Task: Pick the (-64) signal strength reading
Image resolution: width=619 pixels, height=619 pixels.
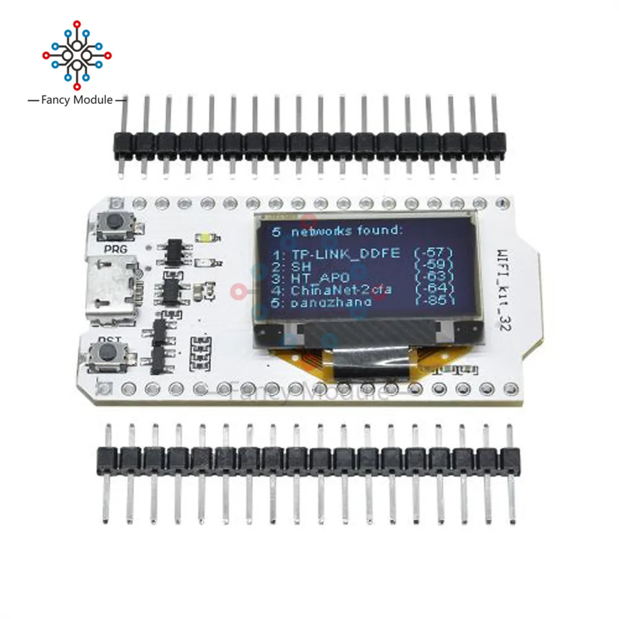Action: point(434,289)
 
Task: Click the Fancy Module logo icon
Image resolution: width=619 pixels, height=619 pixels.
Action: point(77,54)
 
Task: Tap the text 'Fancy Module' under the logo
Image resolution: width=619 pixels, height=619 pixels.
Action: point(77,99)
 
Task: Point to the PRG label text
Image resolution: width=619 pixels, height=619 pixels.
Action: point(116,249)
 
